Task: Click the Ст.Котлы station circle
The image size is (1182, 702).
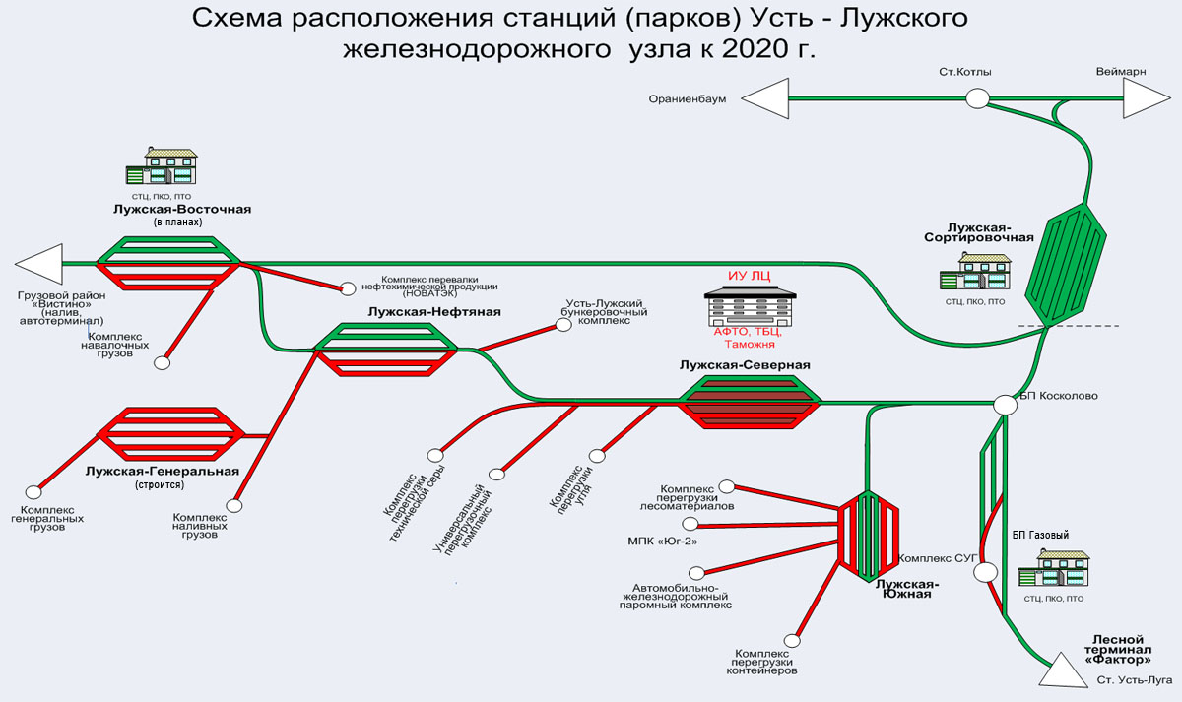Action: click(977, 98)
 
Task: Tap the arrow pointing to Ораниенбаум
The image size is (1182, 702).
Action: click(766, 98)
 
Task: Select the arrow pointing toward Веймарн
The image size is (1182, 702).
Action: click(1143, 98)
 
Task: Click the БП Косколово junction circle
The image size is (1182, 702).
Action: click(1005, 405)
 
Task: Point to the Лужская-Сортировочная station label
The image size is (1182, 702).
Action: click(978, 231)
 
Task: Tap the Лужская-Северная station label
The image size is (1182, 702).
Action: click(745, 365)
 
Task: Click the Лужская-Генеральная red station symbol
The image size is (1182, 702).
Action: click(170, 435)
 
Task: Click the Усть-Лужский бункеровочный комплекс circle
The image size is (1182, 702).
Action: click(563, 324)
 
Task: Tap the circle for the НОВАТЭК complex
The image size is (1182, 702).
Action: click(348, 288)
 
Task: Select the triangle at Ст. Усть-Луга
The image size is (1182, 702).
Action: click(1063, 672)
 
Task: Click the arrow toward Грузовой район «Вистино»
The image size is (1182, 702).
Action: click(37, 264)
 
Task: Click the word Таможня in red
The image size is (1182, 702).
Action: click(749, 345)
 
